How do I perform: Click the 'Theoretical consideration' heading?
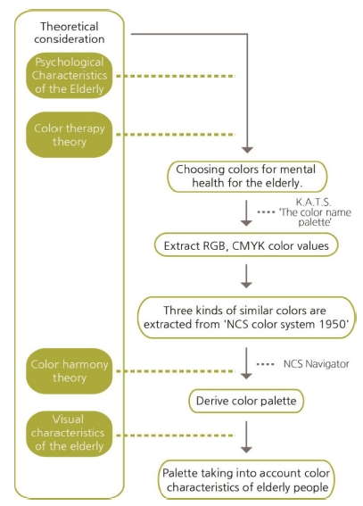click(70, 33)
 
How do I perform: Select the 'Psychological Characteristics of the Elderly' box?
click(70, 76)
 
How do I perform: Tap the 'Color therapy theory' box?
click(70, 135)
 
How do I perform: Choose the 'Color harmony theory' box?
click(70, 371)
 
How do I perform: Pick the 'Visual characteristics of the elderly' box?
click(70, 434)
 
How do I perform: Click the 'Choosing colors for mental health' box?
click(247, 177)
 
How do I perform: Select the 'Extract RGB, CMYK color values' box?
click(246, 245)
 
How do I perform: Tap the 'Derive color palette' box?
click(246, 401)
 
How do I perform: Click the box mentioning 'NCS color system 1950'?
click(247, 318)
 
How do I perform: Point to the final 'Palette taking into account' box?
click(246, 480)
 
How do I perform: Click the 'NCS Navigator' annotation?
click(317, 364)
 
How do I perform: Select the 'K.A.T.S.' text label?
click(313, 202)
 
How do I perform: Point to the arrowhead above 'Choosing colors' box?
click(247, 150)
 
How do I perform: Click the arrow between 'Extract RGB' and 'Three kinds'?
click(246, 277)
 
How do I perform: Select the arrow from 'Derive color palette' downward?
click(246, 437)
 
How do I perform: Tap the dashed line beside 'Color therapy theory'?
click(176, 134)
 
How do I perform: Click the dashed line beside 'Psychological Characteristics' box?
click(176, 76)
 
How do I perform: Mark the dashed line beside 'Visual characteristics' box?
click(176, 435)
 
